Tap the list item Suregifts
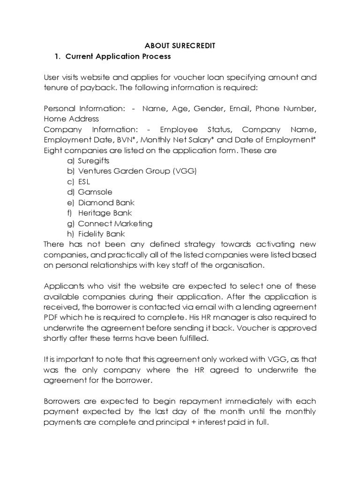click(x=94, y=161)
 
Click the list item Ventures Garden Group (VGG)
click(x=137, y=171)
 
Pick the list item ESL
click(x=84, y=181)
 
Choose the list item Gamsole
click(x=95, y=192)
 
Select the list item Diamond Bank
click(x=106, y=202)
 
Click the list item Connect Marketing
click(x=115, y=224)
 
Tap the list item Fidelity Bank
click(x=102, y=234)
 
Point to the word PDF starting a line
click(x=52, y=317)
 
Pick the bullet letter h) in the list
click(x=71, y=234)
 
